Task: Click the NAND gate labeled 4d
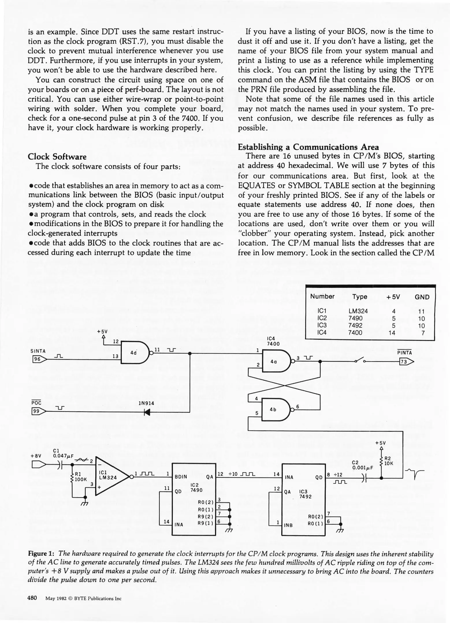(135, 352)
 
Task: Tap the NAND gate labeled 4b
(274, 409)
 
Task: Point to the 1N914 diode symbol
(147, 412)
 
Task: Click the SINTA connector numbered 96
(39, 359)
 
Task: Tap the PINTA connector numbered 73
(406, 361)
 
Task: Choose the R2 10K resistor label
(388, 461)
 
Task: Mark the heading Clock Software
(57, 157)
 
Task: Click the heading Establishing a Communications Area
(308, 147)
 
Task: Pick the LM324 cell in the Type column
(358, 311)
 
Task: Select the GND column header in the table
(422, 297)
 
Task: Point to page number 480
(32, 598)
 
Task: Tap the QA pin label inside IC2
(210, 477)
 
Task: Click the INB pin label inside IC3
(288, 525)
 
